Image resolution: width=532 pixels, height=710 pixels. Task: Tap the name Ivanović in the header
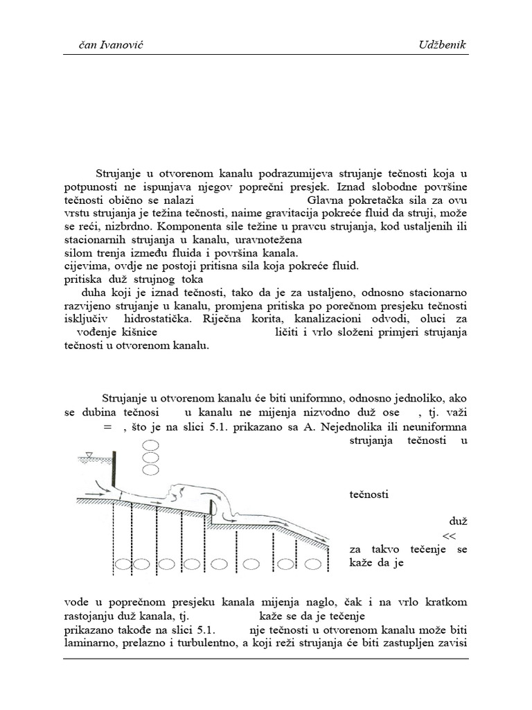coord(124,45)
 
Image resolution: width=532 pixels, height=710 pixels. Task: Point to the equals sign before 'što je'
coord(107,426)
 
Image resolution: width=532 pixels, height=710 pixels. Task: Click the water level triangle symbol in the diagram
coord(87,455)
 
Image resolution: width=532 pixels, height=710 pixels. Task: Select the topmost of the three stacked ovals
coord(150,445)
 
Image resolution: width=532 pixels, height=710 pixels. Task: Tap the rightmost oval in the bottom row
coord(313,564)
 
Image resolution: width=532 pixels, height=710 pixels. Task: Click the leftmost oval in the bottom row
coord(123,564)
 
